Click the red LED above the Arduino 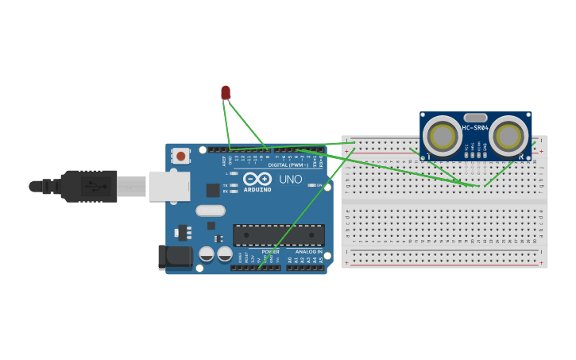226,93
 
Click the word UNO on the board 291,180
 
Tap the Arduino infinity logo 257,179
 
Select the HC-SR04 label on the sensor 475,128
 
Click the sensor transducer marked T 442,137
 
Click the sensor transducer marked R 508,137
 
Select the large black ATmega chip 278,235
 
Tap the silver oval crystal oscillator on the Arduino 211,211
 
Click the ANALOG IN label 309,252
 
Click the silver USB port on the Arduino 169,186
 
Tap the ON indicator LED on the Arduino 311,185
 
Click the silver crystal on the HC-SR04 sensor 475,117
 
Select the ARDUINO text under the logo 257,189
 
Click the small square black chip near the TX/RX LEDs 213,190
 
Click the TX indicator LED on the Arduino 234,184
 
